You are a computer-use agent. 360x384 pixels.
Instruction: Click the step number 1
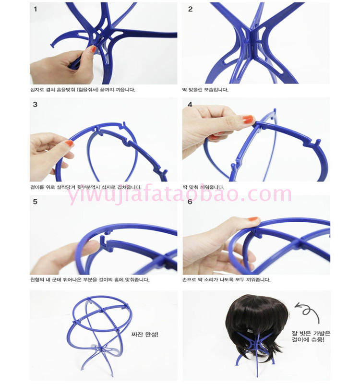coord(35,9)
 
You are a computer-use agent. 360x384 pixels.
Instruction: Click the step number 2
coord(190,9)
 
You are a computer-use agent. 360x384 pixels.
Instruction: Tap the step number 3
coord(35,104)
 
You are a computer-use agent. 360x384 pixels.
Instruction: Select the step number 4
coord(190,104)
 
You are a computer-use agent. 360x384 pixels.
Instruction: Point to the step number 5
coord(35,202)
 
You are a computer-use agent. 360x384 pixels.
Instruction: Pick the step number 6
coord(190,202)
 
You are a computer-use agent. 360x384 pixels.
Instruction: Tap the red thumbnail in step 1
coord(93,49)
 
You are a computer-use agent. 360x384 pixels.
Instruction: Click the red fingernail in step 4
coord(248,119)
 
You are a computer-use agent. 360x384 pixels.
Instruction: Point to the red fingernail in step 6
coord(253,219)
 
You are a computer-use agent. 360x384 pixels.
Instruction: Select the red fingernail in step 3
coord(70,143)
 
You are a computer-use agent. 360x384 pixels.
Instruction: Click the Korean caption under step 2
coord(205,90)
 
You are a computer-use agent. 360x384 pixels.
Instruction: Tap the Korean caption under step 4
coord(203,187)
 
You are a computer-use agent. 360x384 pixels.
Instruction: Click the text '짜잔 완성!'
coord(144,334)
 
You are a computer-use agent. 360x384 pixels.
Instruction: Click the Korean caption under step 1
coord(83,90)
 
